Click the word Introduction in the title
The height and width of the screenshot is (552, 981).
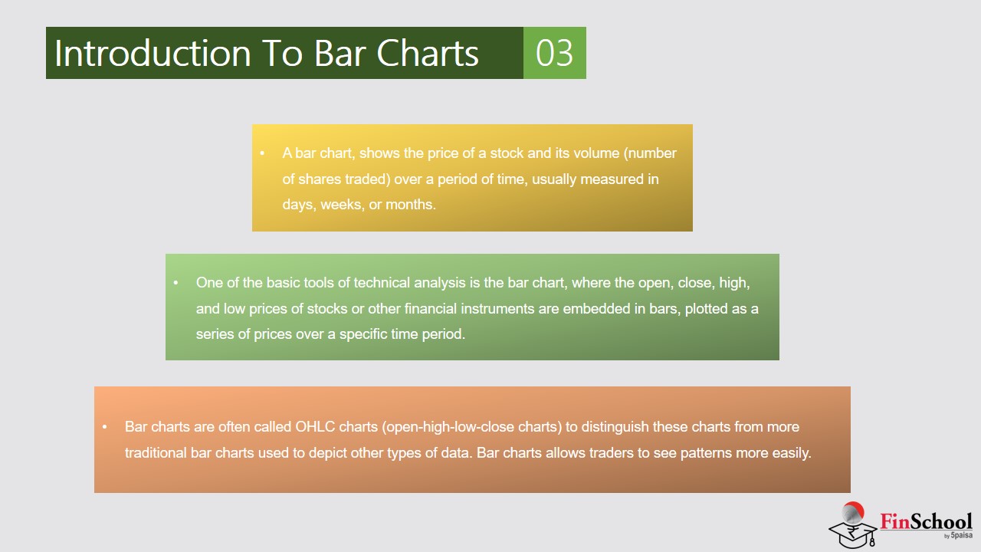153,53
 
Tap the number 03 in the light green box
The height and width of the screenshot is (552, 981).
554,53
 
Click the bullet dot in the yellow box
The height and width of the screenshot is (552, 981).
262,153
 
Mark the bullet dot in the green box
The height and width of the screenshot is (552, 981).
176,283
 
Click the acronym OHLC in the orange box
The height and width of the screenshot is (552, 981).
315,427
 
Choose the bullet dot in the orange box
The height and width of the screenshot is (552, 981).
105,427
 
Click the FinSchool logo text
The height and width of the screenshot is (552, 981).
926,521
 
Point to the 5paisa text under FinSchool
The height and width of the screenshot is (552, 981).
961,535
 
